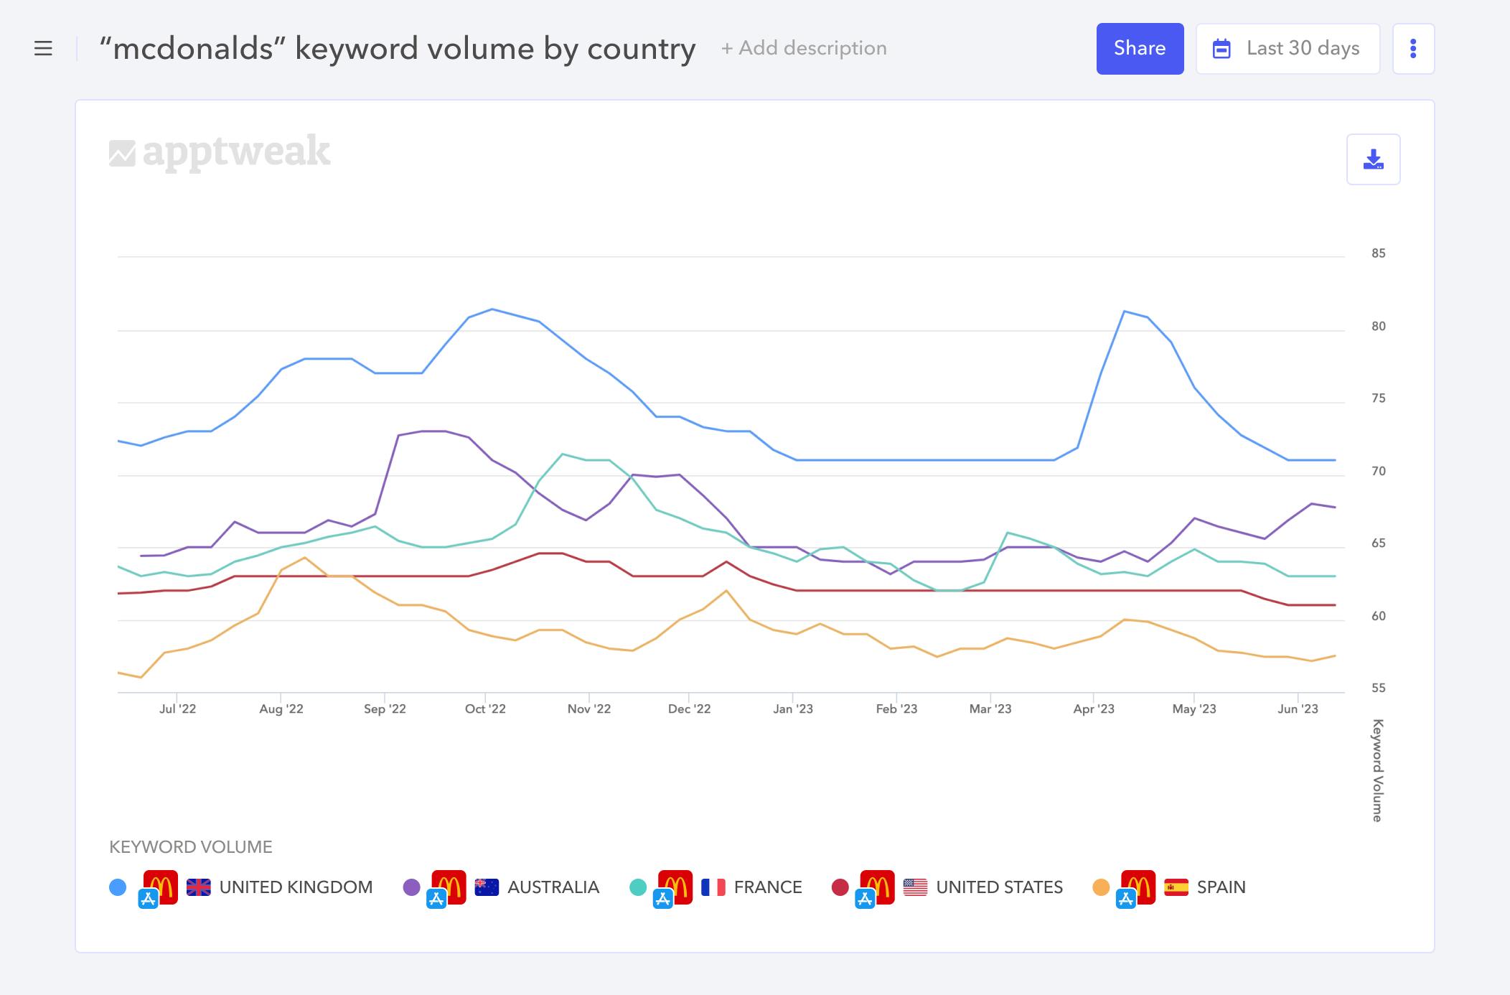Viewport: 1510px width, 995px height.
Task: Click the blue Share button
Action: pos(1139,49)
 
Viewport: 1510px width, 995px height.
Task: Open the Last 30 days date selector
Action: pos(1288,49)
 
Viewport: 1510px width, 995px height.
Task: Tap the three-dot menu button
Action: pos(1412,49)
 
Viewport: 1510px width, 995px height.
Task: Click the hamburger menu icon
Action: pos(43,49)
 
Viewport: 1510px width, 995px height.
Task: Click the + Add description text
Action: pos(804,48)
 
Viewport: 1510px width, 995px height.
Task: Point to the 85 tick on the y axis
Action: pos(1377,253)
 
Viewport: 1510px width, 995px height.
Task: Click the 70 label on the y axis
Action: pos(1377,472)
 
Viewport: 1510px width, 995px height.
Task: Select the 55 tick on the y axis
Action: pos(1377,688)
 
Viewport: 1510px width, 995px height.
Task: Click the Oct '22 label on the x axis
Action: pos(485,709)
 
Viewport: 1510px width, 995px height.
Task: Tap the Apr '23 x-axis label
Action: pos(1093,709)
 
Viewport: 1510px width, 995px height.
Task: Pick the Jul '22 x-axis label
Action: pos(177,709)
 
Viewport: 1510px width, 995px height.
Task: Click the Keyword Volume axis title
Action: pos(1377,770)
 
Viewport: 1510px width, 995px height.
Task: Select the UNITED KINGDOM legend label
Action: pos(296,887)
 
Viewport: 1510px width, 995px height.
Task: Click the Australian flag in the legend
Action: pos(487,887)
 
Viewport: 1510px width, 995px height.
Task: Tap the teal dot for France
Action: pos(637,887)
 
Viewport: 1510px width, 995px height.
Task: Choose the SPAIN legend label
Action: pos(1221,887)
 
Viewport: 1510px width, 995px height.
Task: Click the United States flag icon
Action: pos(915,887)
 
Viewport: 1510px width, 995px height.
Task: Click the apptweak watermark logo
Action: pos(220,151)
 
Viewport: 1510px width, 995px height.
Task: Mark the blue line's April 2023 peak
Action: pos(1124,312)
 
